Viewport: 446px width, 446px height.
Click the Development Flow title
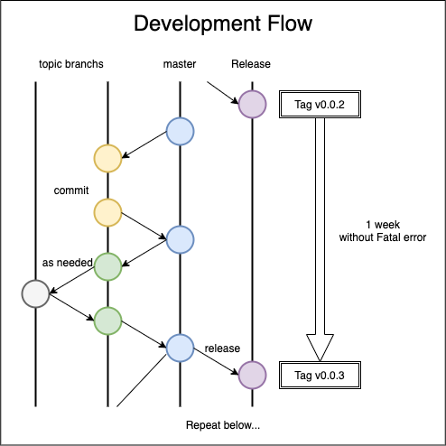pos(223,23)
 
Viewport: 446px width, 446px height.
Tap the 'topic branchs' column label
pos(71,64)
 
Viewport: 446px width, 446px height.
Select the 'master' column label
pos(180,64)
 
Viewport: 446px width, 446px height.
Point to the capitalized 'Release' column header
pos(251,64)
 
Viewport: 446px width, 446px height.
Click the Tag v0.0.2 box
pos(320,104)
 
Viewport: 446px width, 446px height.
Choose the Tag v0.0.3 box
pos(320,375)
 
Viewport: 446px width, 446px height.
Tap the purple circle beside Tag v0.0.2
pos(252,104)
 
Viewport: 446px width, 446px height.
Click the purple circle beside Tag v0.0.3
pos(252,375)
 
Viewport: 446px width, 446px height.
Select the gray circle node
pos(35,293)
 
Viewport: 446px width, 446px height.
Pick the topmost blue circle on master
pos(180,131)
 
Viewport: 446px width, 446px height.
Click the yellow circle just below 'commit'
pos(107,212)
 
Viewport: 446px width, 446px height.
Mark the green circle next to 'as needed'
pos(107,266)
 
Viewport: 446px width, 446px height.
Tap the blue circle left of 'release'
pos(180,348)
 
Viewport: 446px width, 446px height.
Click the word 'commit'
pos(71,190)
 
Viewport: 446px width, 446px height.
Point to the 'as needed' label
pos(68,263)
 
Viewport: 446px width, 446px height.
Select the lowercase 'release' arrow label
pos(222,348)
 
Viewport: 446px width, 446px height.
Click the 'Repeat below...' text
pos(223,425)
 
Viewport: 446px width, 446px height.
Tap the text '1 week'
pos(383,225)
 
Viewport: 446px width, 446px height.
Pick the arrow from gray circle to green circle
pos(72,307)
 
